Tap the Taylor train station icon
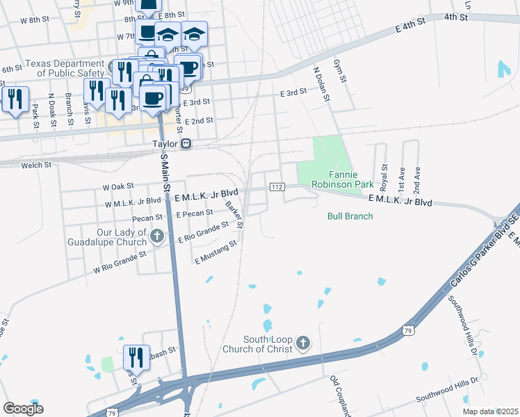pyautogui.click(x=186, y=144)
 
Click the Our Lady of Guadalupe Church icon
pyautogui.click(x=158, y=237)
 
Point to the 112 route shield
pyautogui.click(x=277, y=188)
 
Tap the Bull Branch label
pyautogui.click(x=350, y=216)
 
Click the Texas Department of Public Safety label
pyautogui.click(x=65, y=67)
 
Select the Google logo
pyautogui.click(x=23, y=408)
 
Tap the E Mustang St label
pyautogui.click(x=216, y=252)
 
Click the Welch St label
pyautogui.click(x=38, y=165)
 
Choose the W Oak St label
pyautogui.click(x=117, y=187)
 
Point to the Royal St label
pyautogui.click(x=383, y=176)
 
